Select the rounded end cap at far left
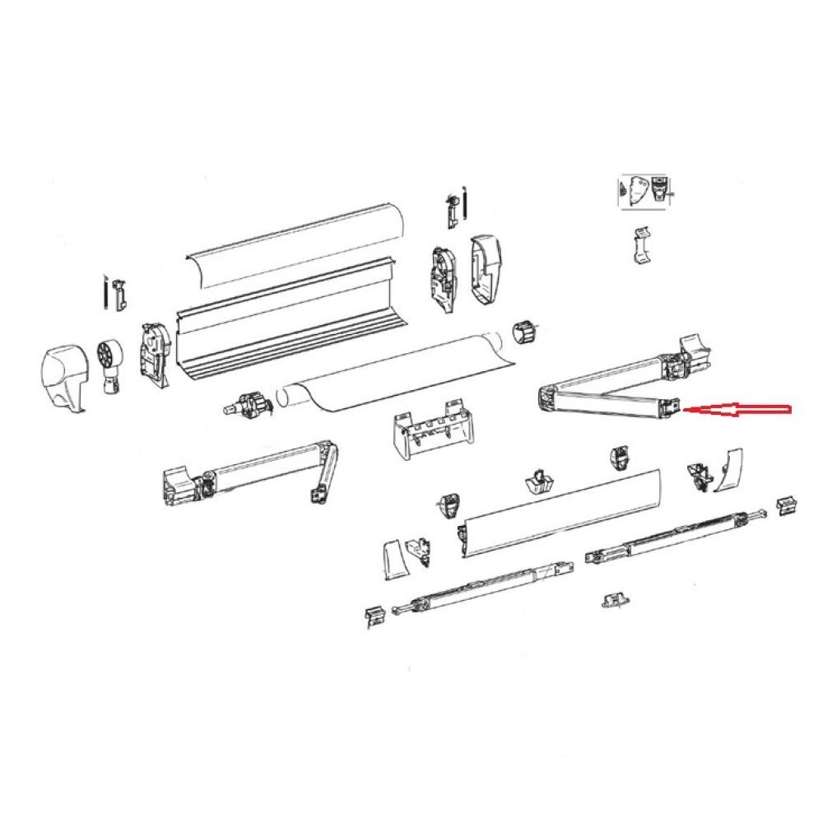tap(63, 374)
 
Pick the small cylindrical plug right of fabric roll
tap(524, 334)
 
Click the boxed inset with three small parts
tap(644, 191)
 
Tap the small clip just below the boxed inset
tap(641, 246)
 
